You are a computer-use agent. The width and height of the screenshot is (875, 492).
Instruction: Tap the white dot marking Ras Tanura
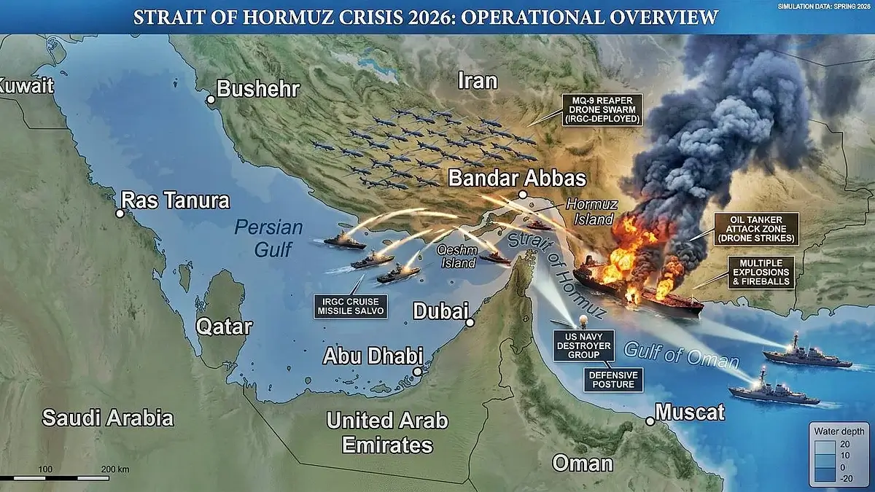(120, 213)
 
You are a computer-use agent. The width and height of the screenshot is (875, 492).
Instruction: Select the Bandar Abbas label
(517, 179)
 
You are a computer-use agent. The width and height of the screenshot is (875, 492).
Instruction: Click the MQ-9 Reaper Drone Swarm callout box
(602, 109)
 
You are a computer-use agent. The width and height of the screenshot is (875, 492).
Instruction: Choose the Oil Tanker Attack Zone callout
(756, 228)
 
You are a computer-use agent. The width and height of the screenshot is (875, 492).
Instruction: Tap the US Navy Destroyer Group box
(584, 345)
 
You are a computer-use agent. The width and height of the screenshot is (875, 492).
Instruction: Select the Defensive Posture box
(613, 379)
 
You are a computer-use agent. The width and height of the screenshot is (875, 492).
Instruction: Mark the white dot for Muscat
(651, 421)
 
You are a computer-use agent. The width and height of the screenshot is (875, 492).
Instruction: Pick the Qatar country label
(224, 327)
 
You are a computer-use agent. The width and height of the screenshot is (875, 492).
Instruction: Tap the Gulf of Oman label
(681, 354)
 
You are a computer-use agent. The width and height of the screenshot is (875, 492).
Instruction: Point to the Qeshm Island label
(456, 256)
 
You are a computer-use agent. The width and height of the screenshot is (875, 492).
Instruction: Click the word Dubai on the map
(440, 311)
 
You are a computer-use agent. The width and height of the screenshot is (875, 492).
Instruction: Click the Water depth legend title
(840, 431)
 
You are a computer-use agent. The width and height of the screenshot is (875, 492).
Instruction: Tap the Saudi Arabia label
(108, 418)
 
